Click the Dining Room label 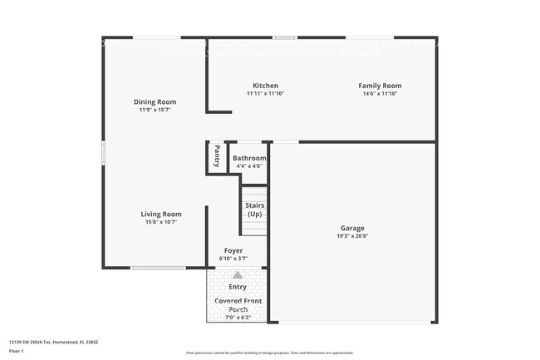coord(155,102)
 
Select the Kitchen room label coord(265,86)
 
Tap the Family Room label coord(380,86)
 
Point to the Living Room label coord(160,214)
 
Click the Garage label coord(352,228)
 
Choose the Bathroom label coord(249,158)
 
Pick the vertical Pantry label coord(216,155)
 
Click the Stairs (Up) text coord(254,209)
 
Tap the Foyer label coord(233,251)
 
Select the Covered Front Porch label coord(238,304)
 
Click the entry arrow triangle coord(238,274)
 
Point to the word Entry coord(238,287)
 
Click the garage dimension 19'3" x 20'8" coord(352,236)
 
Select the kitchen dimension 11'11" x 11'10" coord(265,94)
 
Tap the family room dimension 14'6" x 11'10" coord(380,94)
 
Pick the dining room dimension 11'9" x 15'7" coord(155,111)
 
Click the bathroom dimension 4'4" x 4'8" coord(249,166)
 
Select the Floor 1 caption coord(16,352)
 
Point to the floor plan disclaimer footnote coord(269,353)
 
